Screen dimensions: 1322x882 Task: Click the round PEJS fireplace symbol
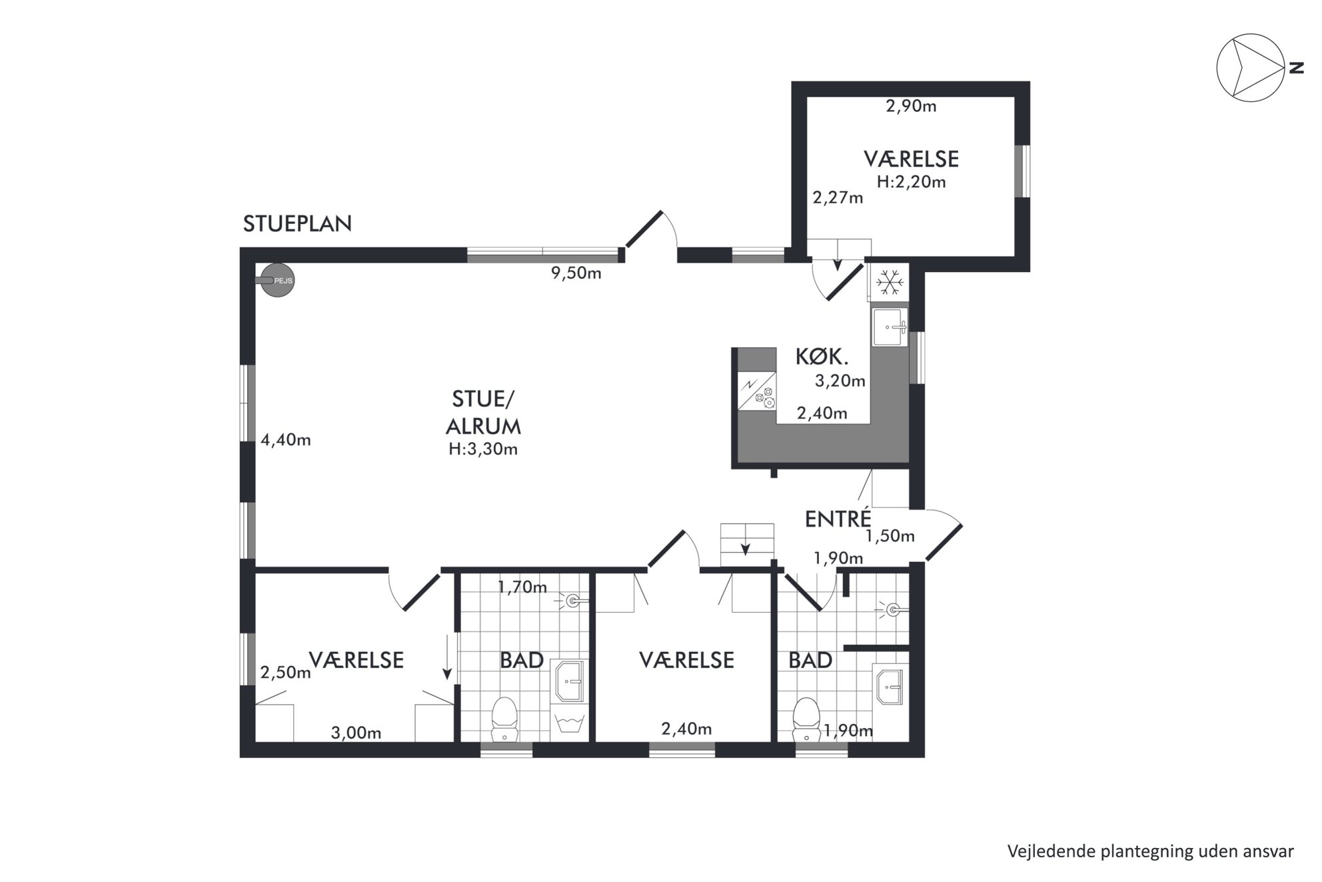pyautogui.click(x=277, y=281)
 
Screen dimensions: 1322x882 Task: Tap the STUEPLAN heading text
pyautogui.click(x=297, y=224)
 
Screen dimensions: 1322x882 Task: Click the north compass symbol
pyautogui.click(x=1251, y=68)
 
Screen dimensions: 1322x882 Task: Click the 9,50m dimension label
pyautogui.click(x=576, y=273)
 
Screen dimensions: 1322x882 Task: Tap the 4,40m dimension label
pyautogui.click(x=286, y=440)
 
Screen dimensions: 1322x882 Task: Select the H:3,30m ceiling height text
pyautogui.click(x=483, y=449)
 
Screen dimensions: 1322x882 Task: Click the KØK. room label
pyautogui.click(x=822, y=357)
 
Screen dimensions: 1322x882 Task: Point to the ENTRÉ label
pyautogui.click(x=838, y=519)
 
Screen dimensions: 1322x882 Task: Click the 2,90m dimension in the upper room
pyautogui.click(x=911, y=106)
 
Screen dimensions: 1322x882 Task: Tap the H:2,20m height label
pyautogui.click(x=912, y=182)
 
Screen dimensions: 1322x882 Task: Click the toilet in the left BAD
pyautogui.click(x=504, y=719)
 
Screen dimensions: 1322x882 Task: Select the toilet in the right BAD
pyautogui.click(x=806, y=719)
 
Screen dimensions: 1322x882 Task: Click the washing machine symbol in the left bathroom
pyautogui.click(x=569, y=724)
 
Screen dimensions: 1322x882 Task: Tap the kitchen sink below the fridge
pyautogui.click(x=890, y=327)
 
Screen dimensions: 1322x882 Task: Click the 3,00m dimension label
pyautogui.click(x=356, y=733)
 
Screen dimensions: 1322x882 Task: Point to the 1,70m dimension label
pyautogui.click(x=522, y=587)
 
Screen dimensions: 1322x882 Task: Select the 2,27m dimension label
pyautogui.click(x=838, y=198)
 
